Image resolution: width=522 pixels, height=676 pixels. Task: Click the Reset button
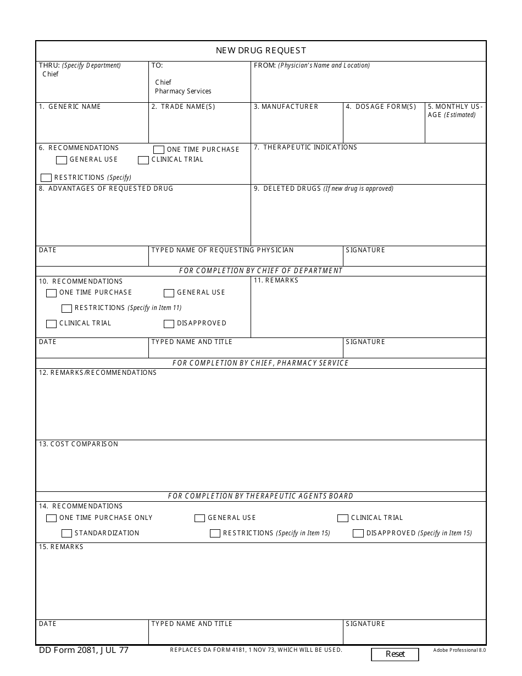click(395, 654)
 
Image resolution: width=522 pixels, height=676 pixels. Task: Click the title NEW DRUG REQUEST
click(261, 51)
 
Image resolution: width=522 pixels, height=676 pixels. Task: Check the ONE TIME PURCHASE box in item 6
click(159, 149)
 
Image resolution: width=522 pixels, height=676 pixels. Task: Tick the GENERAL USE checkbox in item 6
click(62, 160)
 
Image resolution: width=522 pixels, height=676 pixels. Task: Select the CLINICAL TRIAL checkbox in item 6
click(143, 160)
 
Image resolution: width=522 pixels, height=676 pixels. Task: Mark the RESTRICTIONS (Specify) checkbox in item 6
click(46, 178)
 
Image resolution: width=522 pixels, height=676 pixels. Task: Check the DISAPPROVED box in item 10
click(169, 324)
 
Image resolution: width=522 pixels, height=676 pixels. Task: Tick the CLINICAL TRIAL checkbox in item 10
click(52, 324)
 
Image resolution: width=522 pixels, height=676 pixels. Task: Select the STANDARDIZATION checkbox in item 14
click(67, 534)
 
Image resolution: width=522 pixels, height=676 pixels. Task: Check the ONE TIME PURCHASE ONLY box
click(52, 518)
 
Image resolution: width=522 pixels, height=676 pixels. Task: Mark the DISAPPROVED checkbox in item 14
click(358, 534)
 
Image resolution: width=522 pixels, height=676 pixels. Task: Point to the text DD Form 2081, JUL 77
click(84, 650)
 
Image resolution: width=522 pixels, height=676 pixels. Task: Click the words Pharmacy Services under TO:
click(183, 91)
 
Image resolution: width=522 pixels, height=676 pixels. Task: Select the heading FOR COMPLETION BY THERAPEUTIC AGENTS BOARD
click(260, 496)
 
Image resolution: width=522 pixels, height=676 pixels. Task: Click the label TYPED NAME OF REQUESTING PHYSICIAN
click(223, 250)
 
